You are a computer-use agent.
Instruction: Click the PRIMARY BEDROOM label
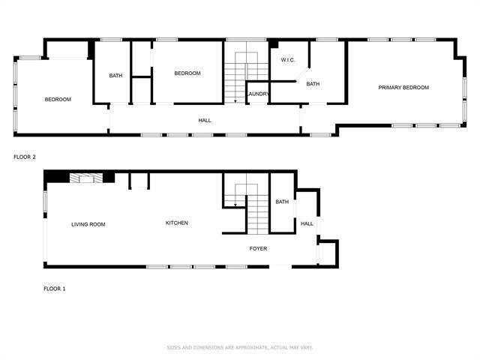[x=403, y=88]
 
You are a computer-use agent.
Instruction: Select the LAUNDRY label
[x=258, y=94]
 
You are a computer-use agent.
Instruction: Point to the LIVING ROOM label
[x=88, y=224]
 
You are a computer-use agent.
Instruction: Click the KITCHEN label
[x=176, y=223]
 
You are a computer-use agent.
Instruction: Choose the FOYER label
[x=258, y=248]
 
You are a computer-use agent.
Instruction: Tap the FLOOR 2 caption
[x=25, y=157]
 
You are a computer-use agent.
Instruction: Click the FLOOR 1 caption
[x=54, y=288]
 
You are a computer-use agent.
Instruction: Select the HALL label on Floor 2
[x=204, y=120]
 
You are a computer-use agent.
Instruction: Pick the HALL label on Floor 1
[x=307, y=223]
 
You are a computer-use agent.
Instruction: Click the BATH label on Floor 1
[x=282, y=202]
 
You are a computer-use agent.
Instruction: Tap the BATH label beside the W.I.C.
[x=313, y=84]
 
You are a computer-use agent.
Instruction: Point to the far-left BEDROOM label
[x=58, y=100]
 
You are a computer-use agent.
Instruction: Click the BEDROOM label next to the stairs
[x=187, y=73]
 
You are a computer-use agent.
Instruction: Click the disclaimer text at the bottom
[x=239, y=347]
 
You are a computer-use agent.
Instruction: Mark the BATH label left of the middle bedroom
[x=115, y=75]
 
